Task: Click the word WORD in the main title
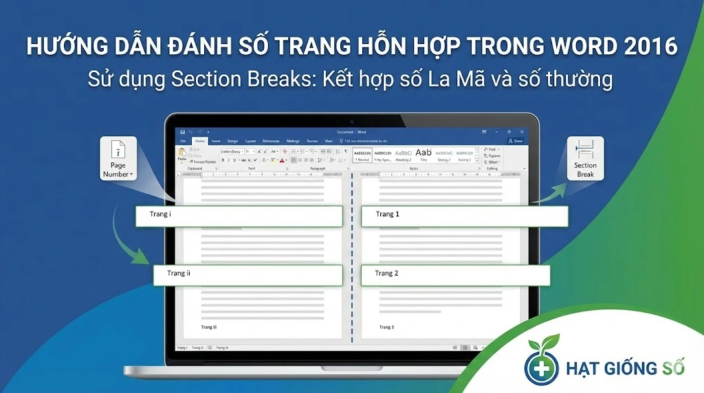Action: [589, 46]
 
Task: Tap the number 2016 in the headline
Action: [653, 46]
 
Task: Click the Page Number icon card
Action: [118, 159]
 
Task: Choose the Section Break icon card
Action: [585, 159]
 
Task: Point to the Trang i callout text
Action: [161, 214]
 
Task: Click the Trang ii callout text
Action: [179, 273]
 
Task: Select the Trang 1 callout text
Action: [387, 214]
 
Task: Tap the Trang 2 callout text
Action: [386, 273]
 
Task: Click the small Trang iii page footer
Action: [208, 328]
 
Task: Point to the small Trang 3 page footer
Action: [386, 328]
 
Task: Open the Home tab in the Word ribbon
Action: [199, 141]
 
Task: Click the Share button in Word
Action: [515, 141]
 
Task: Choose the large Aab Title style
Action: [423, 153]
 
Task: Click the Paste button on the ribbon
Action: [182, 155]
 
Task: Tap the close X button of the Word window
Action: [520, 131]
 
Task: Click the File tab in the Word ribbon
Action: [183, 141]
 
